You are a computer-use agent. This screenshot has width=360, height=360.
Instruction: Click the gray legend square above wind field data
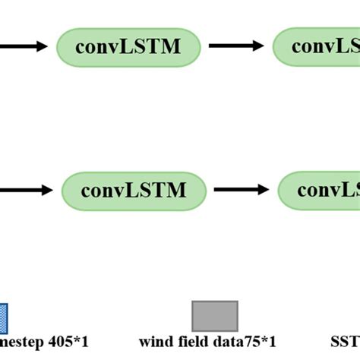tap(215, 316)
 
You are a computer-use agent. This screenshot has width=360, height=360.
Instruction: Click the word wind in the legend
tap(154, 343)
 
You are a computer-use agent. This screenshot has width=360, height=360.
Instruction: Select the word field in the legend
tap(187, 343)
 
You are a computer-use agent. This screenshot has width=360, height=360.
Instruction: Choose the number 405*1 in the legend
tap(69, 343)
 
